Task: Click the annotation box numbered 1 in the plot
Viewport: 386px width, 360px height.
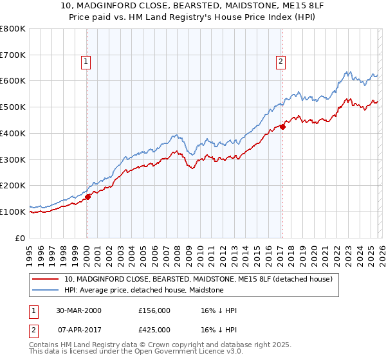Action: [86, 62]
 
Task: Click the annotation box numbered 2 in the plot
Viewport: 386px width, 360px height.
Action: [281, 62]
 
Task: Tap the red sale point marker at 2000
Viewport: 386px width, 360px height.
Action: [88, 197]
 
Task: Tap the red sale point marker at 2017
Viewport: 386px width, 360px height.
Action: [282, 127]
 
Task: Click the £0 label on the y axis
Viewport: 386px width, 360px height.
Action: [20, 238]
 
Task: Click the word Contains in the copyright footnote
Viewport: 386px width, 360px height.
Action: [45, 345]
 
